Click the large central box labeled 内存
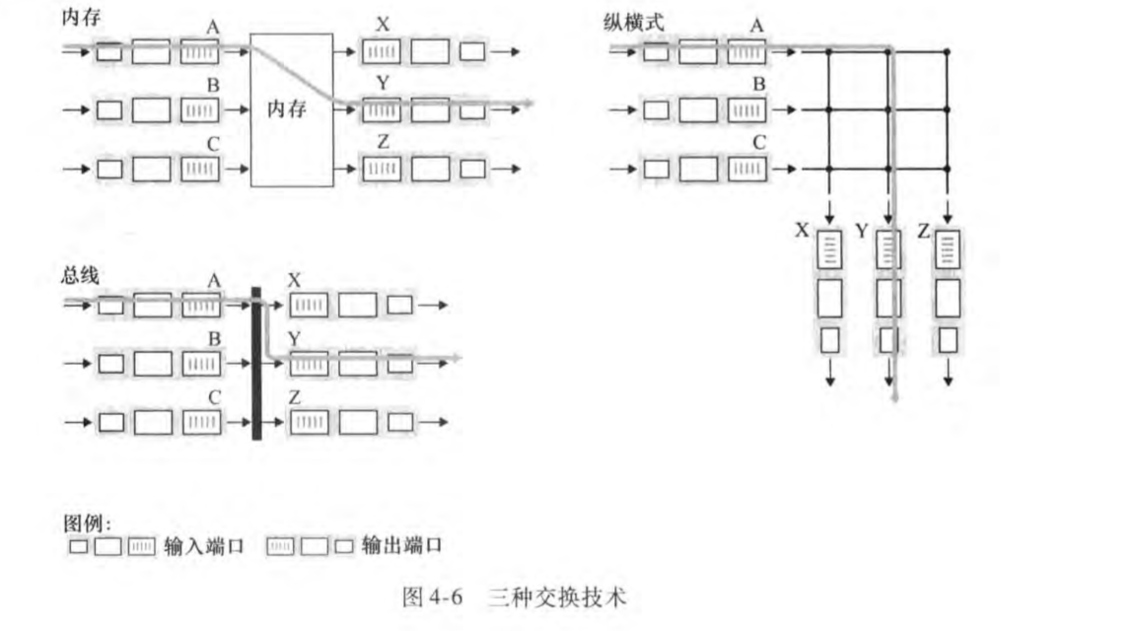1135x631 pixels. point(291,109)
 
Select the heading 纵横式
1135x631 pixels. point(634,21)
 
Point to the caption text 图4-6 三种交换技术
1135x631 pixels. point(514,596)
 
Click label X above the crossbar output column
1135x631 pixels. point(802,231)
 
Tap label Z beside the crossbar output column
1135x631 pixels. point(922,231)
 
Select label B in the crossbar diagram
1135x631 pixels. point(758,86)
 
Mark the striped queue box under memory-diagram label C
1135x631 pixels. point(200,169)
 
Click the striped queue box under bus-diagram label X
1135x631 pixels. point(309,306)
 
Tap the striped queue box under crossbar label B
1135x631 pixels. point(745,109)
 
